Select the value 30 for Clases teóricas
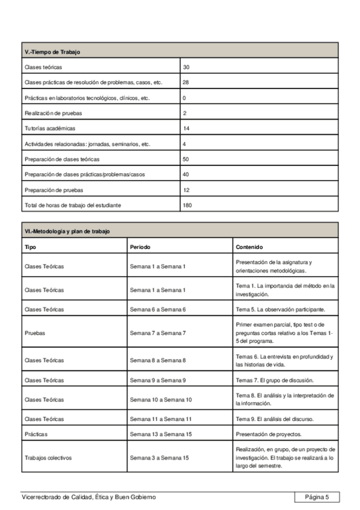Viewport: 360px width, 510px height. click(x=186, y=67)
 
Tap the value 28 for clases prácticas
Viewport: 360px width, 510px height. click(x=186, y=82)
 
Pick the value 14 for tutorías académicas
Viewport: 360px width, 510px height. click(x=186, y=128)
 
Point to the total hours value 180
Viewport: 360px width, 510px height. click(x=188, y=205)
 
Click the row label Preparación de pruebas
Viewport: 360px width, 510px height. click(x=53, y=189)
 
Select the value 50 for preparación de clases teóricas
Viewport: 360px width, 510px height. click(x=186, y=159)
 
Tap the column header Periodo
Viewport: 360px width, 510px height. click(x=140, y=247)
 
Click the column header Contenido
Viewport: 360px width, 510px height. click(x=249, y=247)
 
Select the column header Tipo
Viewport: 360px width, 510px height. click(x=30, y=247)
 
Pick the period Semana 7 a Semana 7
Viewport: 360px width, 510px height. click(x=158, y=332)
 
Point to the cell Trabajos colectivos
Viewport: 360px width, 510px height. click(x=48, y=458)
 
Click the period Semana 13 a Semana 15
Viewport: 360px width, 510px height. click(x=159, y=434)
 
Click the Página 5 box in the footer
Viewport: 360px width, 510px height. click(x=317, y=497)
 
